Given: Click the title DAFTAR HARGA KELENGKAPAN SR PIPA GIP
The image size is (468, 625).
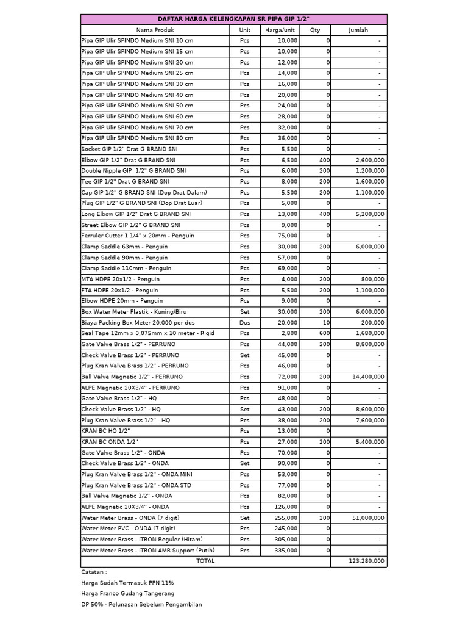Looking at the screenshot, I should click(233, 19).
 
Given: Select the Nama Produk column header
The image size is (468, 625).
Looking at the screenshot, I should click(155, 30).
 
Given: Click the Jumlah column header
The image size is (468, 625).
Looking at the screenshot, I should click(358, 30).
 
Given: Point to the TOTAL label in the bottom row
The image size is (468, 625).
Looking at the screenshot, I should click(205, 561).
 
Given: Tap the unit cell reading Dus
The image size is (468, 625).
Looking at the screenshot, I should click(244, 322).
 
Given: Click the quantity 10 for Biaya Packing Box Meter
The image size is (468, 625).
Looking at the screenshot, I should click(326, 322).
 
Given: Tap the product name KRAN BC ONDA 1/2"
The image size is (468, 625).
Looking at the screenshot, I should click(110, 441).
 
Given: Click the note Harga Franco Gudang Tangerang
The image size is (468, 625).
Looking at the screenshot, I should click(127, 593).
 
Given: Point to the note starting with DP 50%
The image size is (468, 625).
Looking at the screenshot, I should click(141, 604).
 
